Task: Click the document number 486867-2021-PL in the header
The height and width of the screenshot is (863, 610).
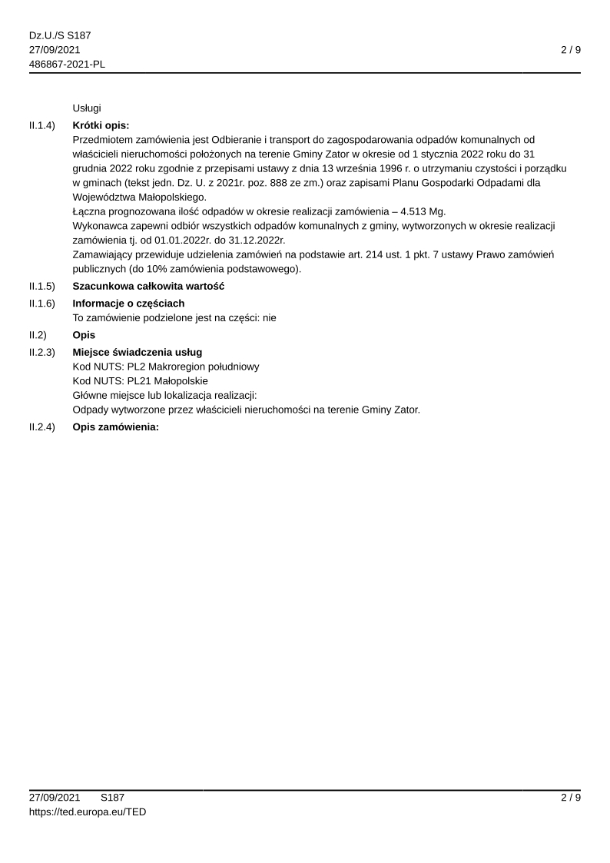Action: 67,64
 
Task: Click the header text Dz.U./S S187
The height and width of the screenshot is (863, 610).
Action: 60,36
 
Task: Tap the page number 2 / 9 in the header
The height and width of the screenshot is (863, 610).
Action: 570,50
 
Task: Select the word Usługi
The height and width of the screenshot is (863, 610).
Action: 87,108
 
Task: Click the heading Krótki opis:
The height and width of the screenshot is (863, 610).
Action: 101,125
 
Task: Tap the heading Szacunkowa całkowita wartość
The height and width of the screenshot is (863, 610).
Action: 148,287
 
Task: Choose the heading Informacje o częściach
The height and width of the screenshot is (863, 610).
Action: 128,304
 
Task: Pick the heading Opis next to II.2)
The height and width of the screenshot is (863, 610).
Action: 84,335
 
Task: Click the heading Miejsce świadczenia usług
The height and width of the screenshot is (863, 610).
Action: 137,352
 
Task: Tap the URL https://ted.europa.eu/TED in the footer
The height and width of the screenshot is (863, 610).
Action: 87,812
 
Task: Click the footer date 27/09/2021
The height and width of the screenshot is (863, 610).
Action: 55,798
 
